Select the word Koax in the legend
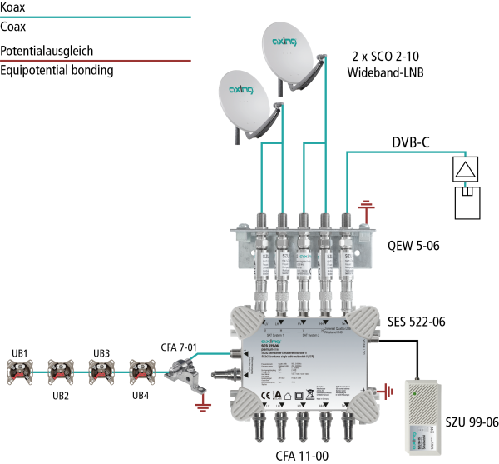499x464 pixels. coord(14,6)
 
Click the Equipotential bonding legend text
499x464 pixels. coord(57,70)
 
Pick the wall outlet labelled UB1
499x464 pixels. coord(20,367)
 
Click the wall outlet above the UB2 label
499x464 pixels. coord(61,367)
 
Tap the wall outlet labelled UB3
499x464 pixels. coord(101,367)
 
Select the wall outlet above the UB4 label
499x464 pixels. coord(141,367)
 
